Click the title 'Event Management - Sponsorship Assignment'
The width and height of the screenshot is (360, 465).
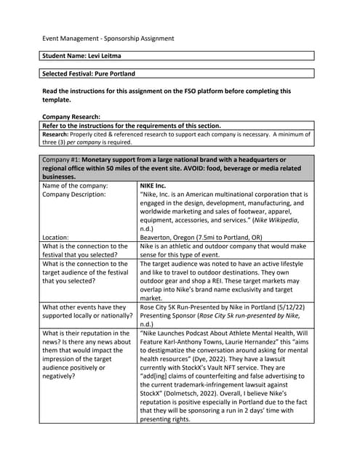(x=106, y=38)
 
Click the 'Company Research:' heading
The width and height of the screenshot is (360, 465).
(x=71, y=116)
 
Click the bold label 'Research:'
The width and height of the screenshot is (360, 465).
(x=59, y=134)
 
